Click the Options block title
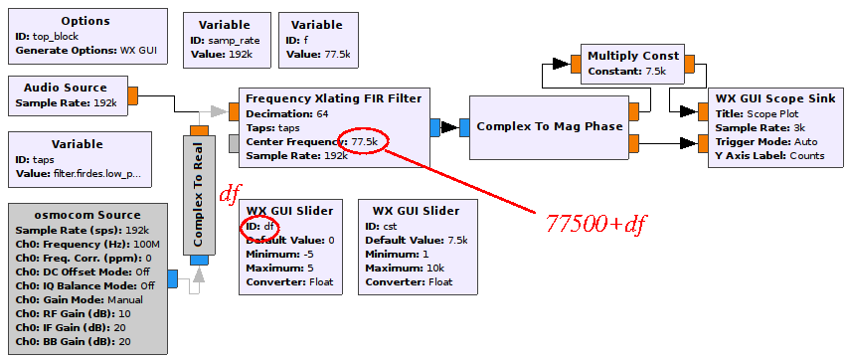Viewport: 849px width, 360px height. [85, 21]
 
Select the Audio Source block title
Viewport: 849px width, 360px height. [66, 88]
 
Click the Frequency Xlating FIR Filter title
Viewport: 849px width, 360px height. [333, 97]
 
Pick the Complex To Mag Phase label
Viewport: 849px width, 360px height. [549, 126]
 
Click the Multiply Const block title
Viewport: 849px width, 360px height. [633, 56]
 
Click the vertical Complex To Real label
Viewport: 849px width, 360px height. [198, 195]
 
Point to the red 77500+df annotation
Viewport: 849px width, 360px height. [596, 223]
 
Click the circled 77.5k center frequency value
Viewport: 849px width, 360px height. [364, 141]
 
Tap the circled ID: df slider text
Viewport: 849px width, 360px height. [262, 226]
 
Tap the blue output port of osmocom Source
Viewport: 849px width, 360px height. [172, 279]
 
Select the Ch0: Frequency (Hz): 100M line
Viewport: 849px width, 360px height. [81, 244]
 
